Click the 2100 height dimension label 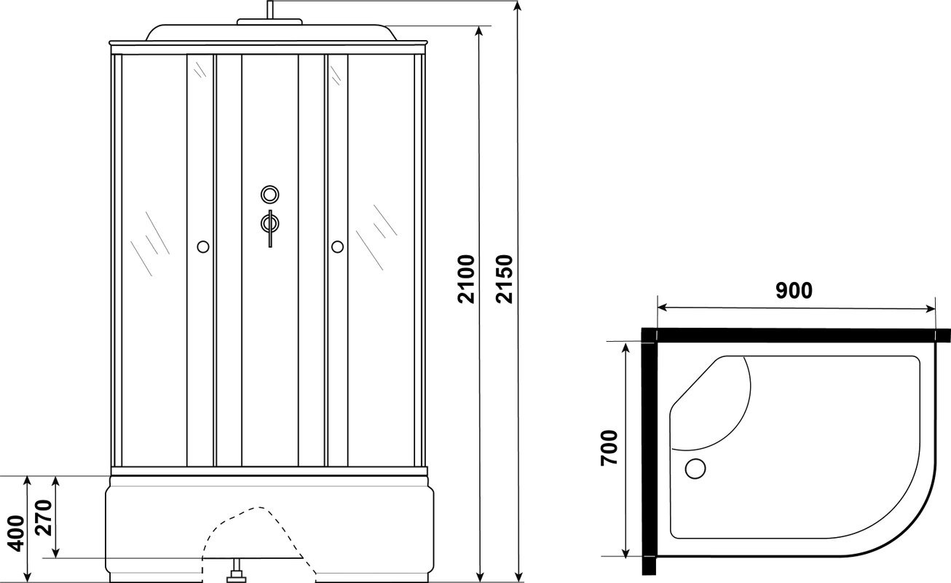[466, 279]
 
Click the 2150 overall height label [505, 279]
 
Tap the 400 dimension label [17, 533]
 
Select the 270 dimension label [44, 518]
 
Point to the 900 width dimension [794, 290]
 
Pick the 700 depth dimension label [609, 448]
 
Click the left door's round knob [203, 246]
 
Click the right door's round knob [338, 246]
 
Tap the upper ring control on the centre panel [270, 195]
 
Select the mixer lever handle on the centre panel [270, 228]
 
